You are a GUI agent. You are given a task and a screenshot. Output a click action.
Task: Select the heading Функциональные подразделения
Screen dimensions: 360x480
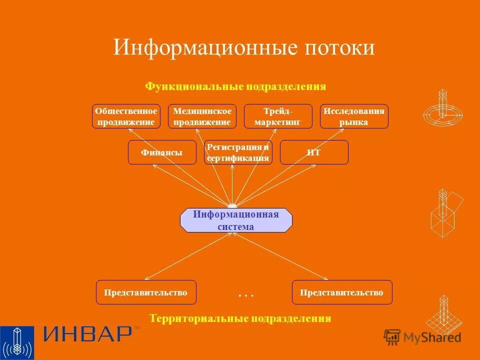point(235,86)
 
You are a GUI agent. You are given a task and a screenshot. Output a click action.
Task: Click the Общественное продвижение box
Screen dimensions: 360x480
point(126,116)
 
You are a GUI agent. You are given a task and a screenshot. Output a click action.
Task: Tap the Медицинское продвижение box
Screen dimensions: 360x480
point(202,116)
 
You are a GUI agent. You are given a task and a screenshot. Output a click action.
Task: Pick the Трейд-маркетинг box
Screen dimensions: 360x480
point(278,116)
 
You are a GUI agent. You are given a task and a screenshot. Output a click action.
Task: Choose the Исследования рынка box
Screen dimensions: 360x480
point(354,116)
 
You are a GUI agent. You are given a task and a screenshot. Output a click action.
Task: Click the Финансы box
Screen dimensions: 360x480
point(161,152)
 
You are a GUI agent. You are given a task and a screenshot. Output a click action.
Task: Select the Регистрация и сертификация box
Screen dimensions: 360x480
point(238,152)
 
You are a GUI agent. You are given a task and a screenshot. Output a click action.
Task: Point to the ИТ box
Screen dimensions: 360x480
point(314,152)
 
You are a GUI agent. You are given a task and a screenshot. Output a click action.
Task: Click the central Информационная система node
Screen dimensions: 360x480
point(236,220)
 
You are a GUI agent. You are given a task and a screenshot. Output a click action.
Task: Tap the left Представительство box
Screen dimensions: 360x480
point(146,292)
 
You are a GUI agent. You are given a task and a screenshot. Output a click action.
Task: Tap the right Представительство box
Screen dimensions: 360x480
point(342,292)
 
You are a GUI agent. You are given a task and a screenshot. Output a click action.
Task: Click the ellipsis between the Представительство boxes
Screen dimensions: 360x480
point(246,295)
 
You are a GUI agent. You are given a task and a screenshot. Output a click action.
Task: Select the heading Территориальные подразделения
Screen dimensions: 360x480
point(240,318)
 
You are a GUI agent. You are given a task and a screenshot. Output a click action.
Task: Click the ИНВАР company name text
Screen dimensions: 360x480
point(87,334)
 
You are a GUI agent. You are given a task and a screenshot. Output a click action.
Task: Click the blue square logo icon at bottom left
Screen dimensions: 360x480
point(17,343)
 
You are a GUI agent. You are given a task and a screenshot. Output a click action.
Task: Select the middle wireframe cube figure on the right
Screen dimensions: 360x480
point(445,212)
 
